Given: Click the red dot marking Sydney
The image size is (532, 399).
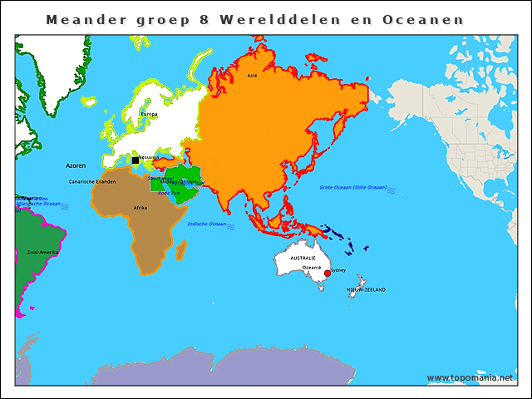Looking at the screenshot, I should point(328,273).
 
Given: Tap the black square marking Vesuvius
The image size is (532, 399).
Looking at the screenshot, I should point(135,160).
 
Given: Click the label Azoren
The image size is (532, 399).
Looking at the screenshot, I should point(76,166).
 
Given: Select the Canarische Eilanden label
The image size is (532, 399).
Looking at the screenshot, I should point(92,180).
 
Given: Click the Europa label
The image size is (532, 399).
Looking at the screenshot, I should point(149,114).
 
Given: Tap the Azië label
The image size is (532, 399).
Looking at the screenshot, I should point(252,76).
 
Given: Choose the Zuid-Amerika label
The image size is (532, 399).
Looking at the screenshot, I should point(42,250).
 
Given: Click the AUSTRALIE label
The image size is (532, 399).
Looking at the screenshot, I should point(303,259).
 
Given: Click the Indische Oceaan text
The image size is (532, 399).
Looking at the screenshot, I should point(207,224).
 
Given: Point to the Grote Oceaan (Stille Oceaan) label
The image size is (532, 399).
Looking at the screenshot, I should point(353,187).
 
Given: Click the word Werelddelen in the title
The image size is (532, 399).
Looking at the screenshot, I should point(268,19).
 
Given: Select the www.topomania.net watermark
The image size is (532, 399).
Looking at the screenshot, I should point(470,377).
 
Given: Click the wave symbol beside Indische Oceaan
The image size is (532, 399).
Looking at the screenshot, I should point(231,225).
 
